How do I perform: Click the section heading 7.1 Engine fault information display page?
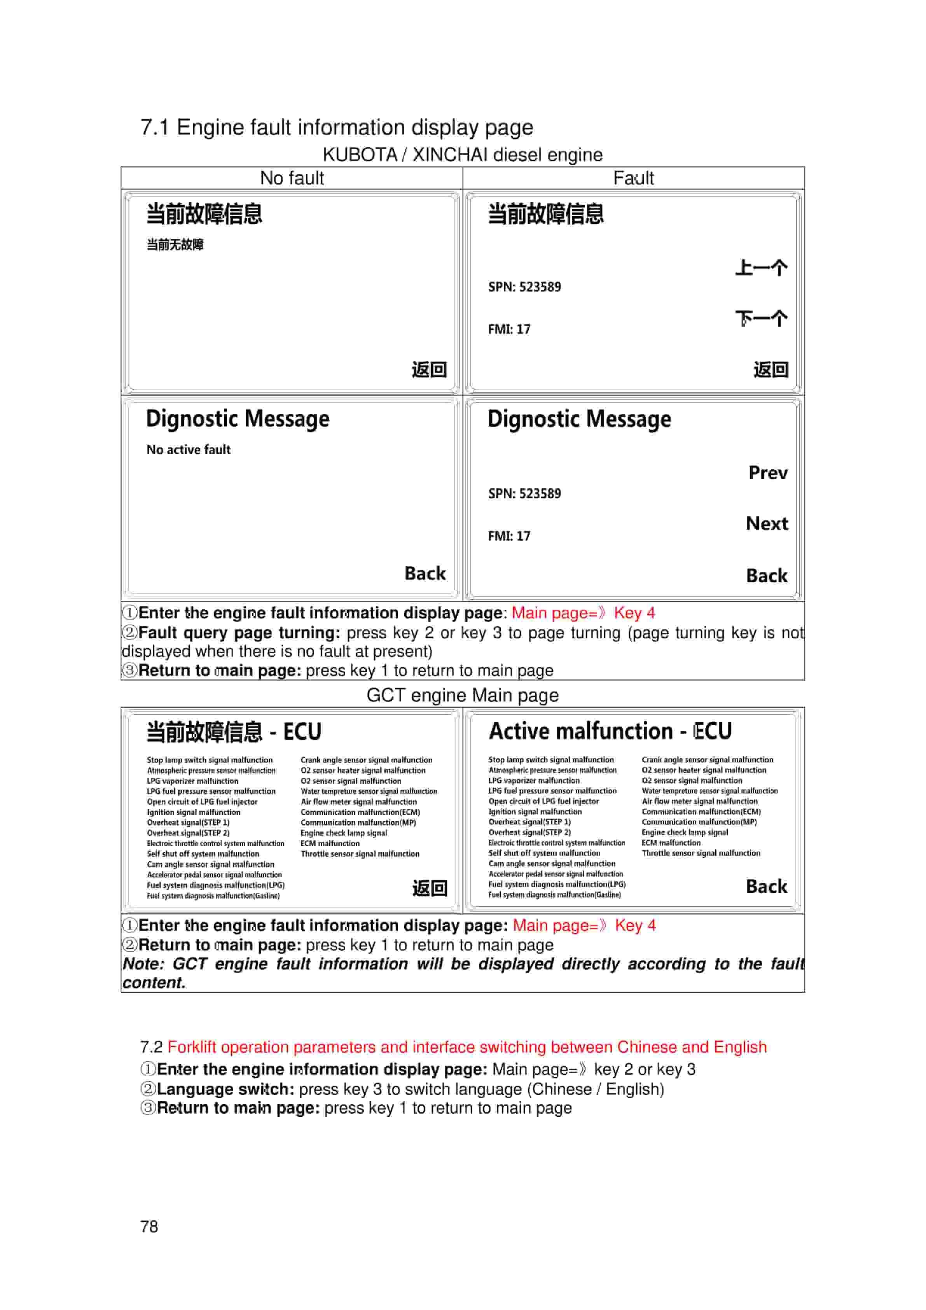(337, 127)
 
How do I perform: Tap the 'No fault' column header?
(292, 178)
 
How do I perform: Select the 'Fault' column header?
(633, 178)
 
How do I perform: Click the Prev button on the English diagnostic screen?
(767, 473)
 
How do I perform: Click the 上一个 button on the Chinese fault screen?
(761, 268)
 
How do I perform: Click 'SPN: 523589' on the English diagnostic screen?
(524, 493)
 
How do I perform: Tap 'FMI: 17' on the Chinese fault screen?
(509, 329)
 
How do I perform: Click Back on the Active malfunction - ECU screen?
(766, 886)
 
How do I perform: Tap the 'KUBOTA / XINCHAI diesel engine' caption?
(462, 155)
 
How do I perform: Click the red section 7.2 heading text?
(467, 1047)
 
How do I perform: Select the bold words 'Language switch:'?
(225, 1089)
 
